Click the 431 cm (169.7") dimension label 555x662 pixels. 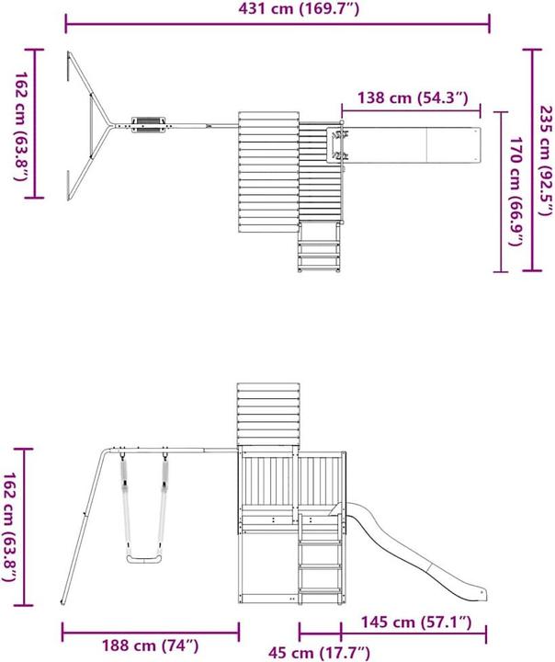[276, 9]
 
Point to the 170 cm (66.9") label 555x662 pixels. [517, 193]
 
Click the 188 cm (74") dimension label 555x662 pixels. [152, 645]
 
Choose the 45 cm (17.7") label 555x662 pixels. [321, 653]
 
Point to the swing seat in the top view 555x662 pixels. [149, 123]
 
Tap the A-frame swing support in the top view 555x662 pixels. [90, 123]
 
